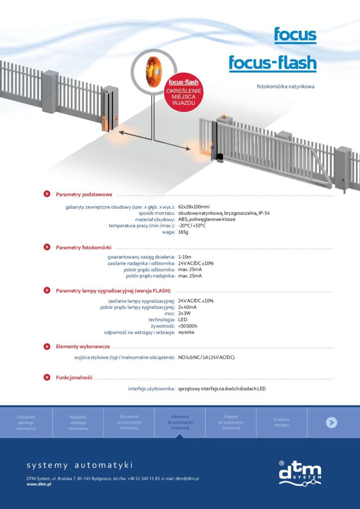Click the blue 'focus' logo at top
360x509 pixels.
pyautogui.click(x=295, y=35)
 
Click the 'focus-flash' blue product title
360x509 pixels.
pyautogui.click(x=272, y=63)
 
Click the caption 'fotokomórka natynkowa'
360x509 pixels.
pyautogui.click(x=285, y=86)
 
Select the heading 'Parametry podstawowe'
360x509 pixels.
pyautogui.click(x=84, y=194)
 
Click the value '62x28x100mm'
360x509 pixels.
pyautogui.click(x=194, y=207)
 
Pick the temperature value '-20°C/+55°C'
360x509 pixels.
pyautogui.click(x=192, y=226)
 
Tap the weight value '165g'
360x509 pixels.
pyautogui.click(x=183, y=232)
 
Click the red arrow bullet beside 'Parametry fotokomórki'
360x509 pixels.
pyautogui.click(x=47, y=247)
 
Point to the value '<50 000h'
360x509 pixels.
pyautogui.click(x=188, y=326)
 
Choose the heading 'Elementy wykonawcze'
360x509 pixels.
pyautogui.click(x=83, y=346)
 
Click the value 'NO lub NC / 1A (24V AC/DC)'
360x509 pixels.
pyautogui.click(x=206, y=358)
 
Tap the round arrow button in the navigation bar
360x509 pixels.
pyautogui.click(x=332, y=423)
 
